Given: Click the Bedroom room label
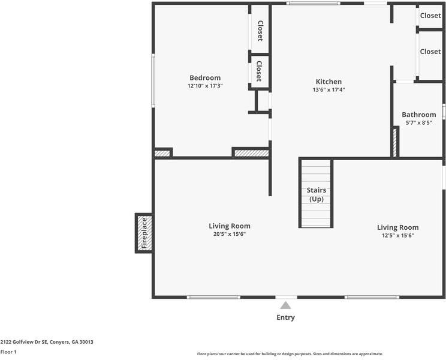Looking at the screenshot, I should [x=205, y=78].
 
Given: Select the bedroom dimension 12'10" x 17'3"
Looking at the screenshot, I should [x=205, y=86].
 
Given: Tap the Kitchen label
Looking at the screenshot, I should [x=329, y=82].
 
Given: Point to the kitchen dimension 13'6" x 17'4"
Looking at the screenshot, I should [x=329, y=90].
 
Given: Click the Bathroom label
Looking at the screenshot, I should [x=418, y=115].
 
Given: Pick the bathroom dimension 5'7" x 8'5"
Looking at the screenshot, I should [x=418, y=122].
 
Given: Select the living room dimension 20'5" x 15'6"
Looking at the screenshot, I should [x=230, y=235].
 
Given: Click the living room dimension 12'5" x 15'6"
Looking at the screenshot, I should [x=397, y=235].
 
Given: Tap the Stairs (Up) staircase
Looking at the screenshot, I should [x=316, y=194].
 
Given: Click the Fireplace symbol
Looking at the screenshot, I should [x=144, y=233].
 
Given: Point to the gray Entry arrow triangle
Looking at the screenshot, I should [x=285, y=305].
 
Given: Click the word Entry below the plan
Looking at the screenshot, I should [x=285, y=317].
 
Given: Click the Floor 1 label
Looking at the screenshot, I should [x=8, y=352].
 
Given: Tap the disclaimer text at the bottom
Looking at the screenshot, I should [x=290, y=354].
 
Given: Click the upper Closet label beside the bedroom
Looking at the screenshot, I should [x=260, y=31].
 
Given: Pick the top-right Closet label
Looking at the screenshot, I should [x=430, y=16].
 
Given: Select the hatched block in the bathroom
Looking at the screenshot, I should [x=395, y=142].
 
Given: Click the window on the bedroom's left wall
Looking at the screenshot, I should [x=153, y=79].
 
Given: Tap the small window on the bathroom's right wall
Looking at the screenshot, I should [x=444, y=112].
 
